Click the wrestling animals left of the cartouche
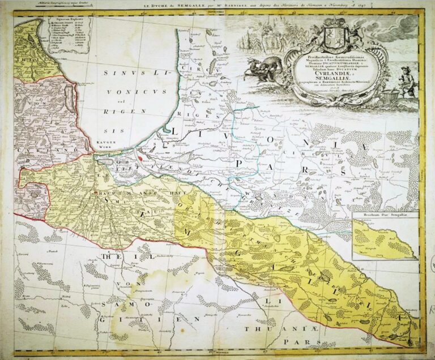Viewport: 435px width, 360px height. coord(266,66)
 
